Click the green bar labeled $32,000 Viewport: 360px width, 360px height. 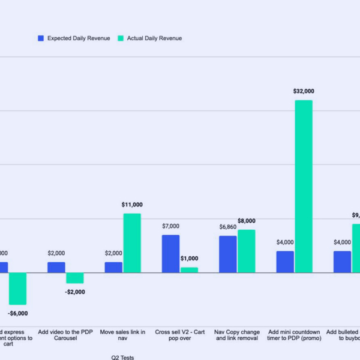(304, 186)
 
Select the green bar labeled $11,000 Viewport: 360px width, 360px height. (132, 243)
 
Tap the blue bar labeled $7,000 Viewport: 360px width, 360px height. (170, 254)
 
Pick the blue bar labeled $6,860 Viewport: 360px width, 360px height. (227, 254)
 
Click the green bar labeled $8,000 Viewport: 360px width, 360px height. (246, 251)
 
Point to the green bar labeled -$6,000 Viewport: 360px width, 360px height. (17, 289)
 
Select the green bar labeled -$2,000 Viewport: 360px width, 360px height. (75, 278)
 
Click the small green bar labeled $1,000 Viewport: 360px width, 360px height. (189, 270)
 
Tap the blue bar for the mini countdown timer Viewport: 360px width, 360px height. (285, 262)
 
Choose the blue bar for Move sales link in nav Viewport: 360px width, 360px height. (113, 267)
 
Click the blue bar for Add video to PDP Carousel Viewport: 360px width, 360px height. (56, 267)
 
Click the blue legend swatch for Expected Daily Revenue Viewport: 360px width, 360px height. (41, 38)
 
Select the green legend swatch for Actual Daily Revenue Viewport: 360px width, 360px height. (121, 38)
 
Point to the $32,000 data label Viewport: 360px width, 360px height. (304, 91)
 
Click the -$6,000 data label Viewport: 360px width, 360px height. (18, 313)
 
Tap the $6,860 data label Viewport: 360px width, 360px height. (227, 227)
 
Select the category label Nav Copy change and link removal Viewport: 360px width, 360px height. (237, 335)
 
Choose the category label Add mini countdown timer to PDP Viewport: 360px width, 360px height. (294, 335)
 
